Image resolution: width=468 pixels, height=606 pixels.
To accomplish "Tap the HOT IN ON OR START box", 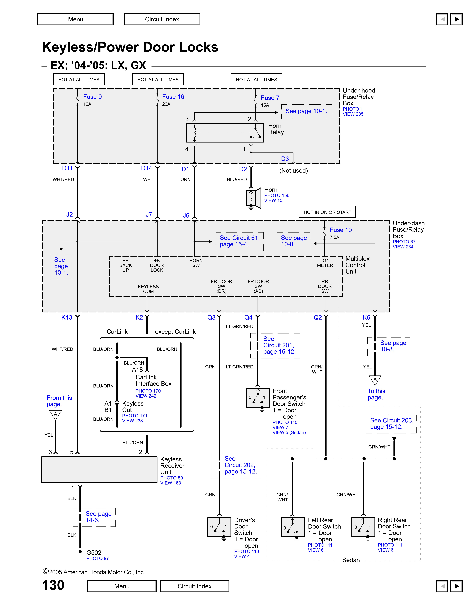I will [x=327, y=212].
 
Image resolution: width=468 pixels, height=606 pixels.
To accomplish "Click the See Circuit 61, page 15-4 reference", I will [x=240, y=241].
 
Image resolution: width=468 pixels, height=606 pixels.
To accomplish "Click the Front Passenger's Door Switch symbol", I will [x=258, y=398].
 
